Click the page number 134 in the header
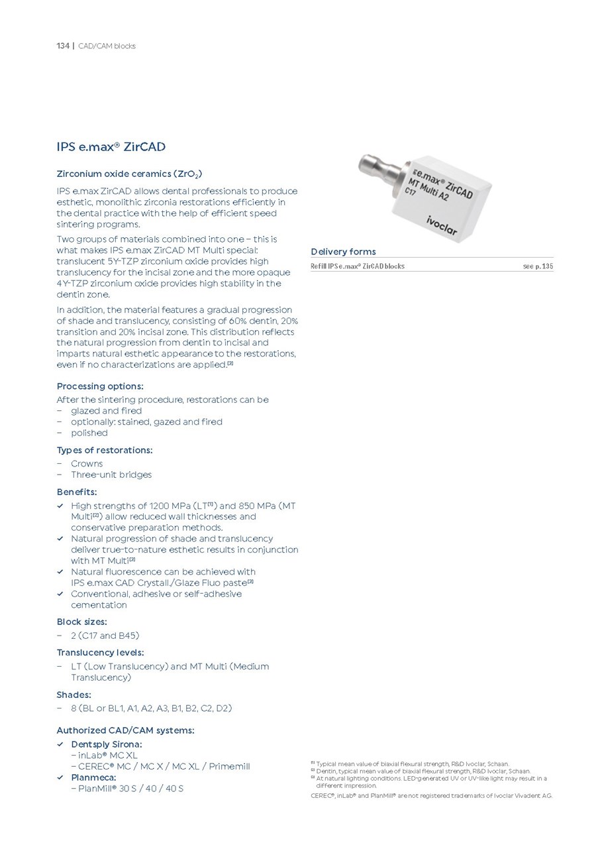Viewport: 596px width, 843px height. tap(63, 46)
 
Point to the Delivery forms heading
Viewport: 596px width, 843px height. tap(343, 251)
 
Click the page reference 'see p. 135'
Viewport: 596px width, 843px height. tap(538, 266)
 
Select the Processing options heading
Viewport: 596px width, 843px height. tap(100, 386)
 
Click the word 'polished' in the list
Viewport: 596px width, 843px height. tap(89, 433)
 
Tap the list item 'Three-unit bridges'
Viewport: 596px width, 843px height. tap(111, 475)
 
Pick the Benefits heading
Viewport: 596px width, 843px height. tap(77, 492)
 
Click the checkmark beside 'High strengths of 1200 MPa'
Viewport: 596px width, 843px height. tap(60, 506)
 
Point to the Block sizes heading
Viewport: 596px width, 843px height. tap(81, 622)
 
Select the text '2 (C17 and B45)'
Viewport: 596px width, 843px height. tap(105, 636)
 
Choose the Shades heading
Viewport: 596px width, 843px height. tap(74, 695)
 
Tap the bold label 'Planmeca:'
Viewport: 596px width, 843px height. tap(93, 777)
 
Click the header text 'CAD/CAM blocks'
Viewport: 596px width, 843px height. tap(107, 46)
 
